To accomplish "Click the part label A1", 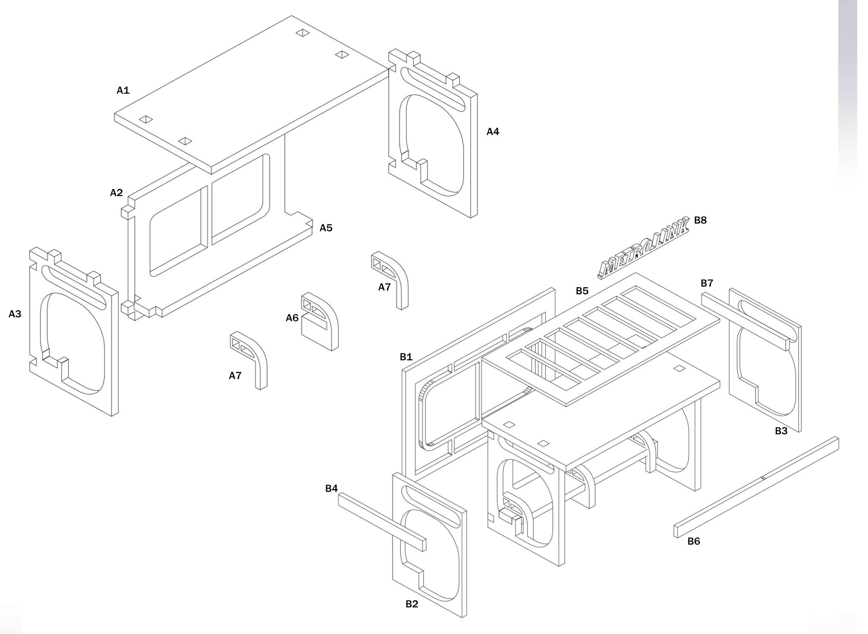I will pyautogui.click(x=123, y=90).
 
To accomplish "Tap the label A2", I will pyautogui.click(x=116, y=193).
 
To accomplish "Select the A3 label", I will pyautogui.click(x=15, y=314).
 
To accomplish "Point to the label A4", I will pyautogui.click(x=493, y=132).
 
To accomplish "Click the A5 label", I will pyautogui.click(x=326, y=228).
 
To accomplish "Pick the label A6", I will pyautogui.click(x=292, y=318).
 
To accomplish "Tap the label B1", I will pyautogui.click(x=406, y=357).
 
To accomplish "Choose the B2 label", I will pyautogui.click(x=412, y=604).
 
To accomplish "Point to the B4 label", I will pyautogui.click(x=331, y=488).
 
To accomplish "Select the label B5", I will pyautogui.click(x=582, y=291).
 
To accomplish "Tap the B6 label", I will pyautogui.click(x=693, y=542).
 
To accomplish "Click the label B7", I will pyautogui.click(x=707, y=283).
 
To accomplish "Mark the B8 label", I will pyautogui.click(x=700, y=220).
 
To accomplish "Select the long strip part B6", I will pyautogui.click(x=756, y=487).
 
